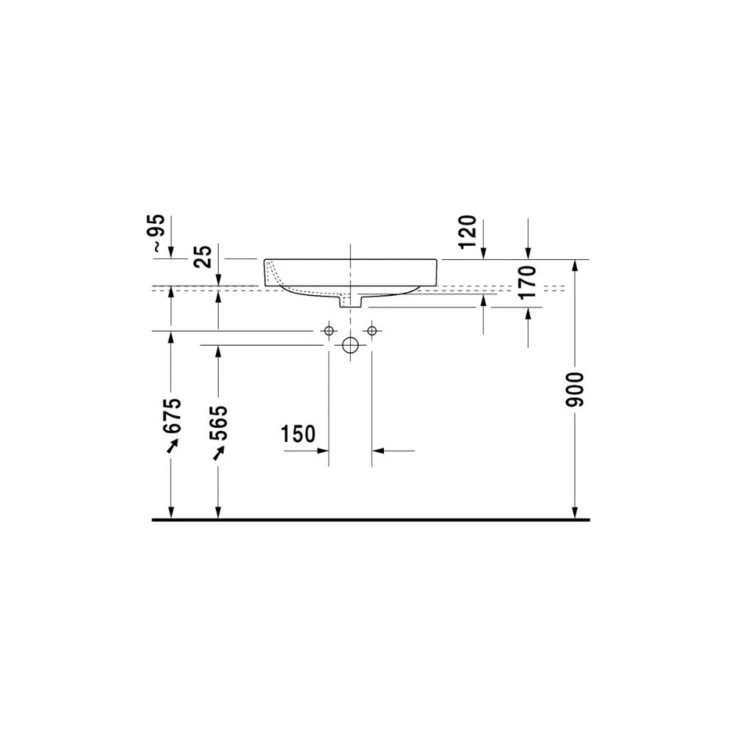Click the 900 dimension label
tap(575, 390)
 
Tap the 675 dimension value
tap(171, 415)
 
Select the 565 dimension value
tap(218, 423)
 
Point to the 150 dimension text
tap(298, 434)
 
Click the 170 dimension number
tap(527, 282)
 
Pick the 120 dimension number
tap(467, 232)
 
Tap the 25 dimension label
tap(205, 256)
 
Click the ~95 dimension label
tap(159, 233)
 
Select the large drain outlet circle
tap(350, 346)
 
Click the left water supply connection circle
tap(329, 331)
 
